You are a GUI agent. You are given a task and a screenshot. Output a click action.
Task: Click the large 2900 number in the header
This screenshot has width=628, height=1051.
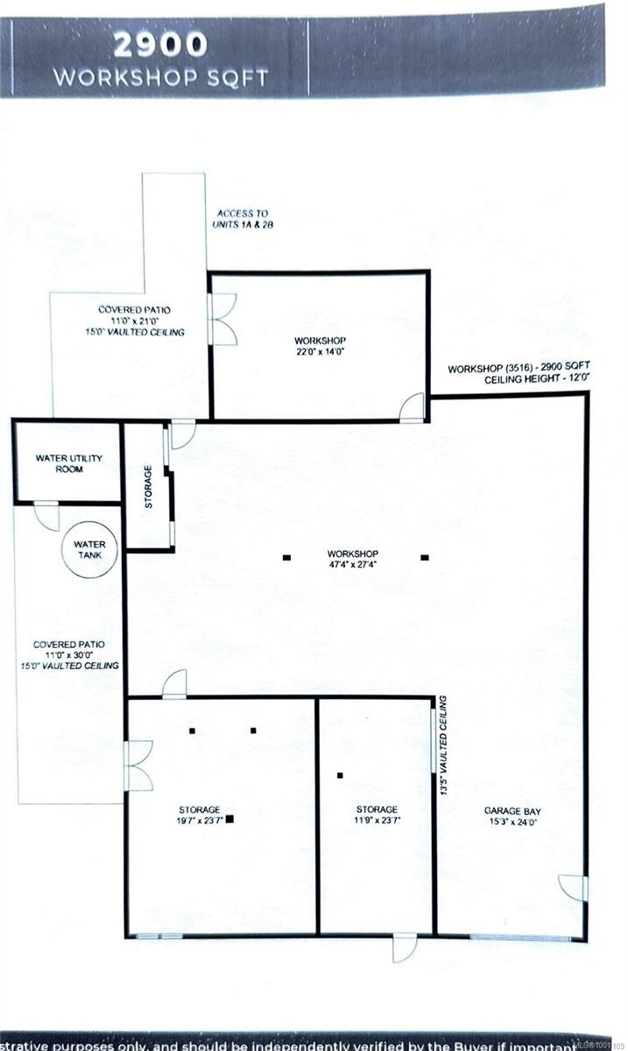[159, 44]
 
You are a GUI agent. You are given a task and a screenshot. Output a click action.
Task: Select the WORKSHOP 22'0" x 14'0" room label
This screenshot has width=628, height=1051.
[321, 346]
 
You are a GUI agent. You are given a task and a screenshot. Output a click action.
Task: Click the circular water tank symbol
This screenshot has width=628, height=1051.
[88, 551]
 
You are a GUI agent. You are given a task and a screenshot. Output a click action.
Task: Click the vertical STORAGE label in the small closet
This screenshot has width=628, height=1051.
[149, 487]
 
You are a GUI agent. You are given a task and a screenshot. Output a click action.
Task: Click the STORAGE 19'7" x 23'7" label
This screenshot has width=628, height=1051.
[200, 815]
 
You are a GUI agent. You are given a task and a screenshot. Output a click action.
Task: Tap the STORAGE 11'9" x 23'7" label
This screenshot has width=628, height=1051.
[377, 815]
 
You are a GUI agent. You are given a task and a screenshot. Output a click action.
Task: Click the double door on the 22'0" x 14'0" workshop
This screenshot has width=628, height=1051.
[222, 319]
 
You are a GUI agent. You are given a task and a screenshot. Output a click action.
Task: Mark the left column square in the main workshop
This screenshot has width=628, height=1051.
[286, 557]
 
